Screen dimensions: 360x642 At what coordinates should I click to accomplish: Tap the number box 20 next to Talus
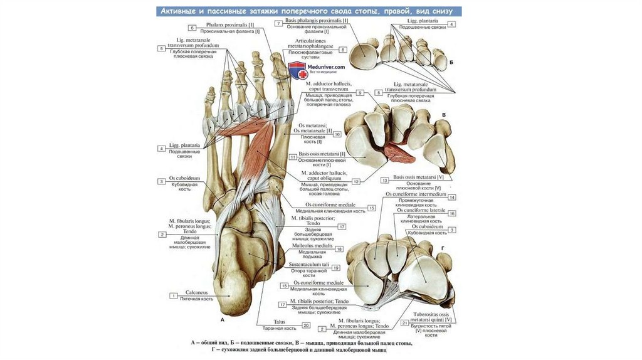coord(305,326)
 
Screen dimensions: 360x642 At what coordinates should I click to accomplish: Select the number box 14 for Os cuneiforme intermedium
coord(451,197)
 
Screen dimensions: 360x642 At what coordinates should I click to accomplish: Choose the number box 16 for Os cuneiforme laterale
coord(451,213)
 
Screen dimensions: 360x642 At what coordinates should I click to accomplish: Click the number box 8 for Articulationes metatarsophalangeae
coord(343,50)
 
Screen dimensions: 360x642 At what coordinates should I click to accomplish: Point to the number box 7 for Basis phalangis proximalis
coord(277,23)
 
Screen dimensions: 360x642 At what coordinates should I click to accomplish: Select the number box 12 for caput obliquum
coord(355,182)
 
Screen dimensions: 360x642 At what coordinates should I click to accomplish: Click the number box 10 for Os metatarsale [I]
coord(337,134)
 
